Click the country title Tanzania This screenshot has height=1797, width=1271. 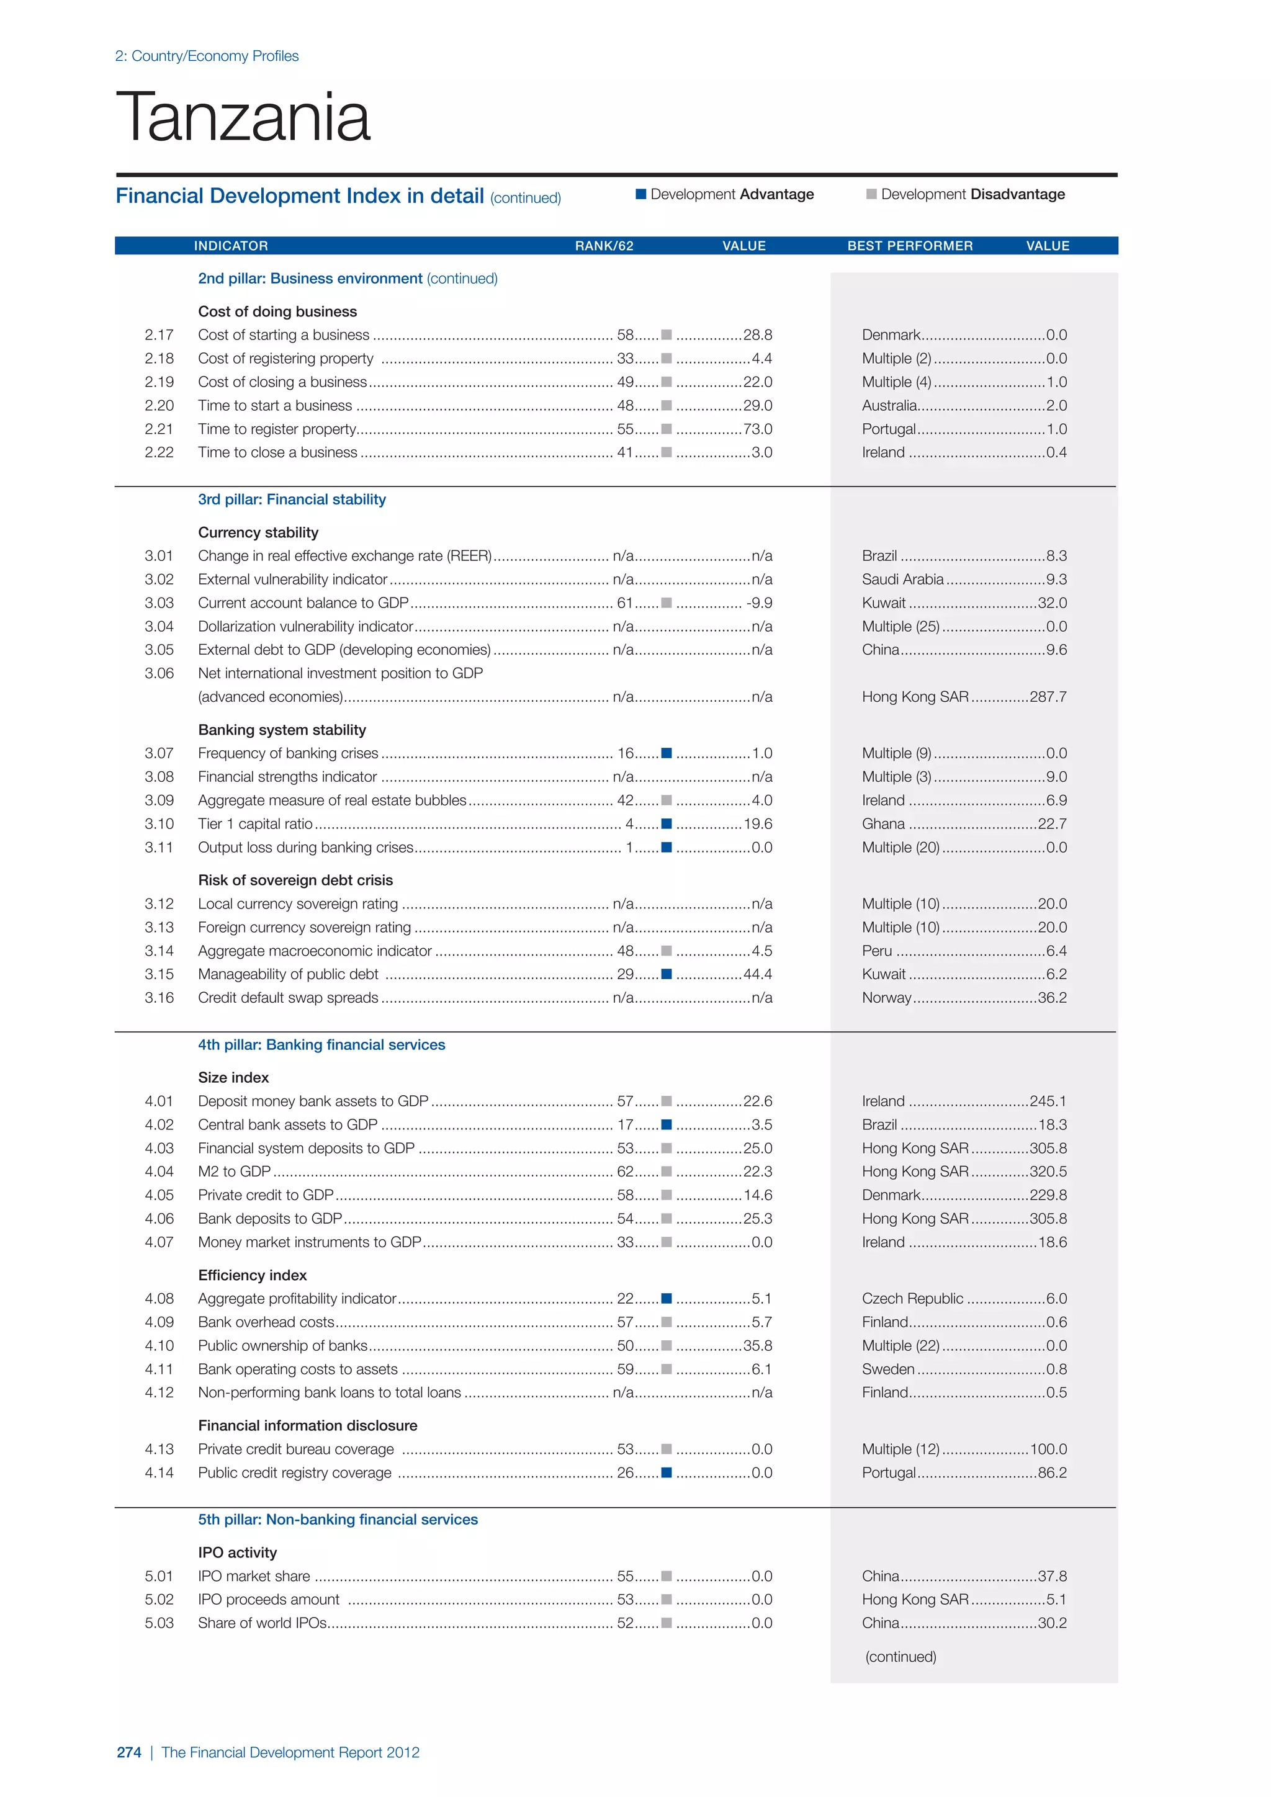pos(243,117)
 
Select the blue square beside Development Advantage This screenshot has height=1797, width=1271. pos(641,194)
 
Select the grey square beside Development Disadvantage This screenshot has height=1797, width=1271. pos(871,194)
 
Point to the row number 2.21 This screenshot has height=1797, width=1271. pos(159,429)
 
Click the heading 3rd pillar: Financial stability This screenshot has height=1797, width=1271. pos(291,500)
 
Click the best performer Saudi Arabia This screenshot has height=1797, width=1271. pos(902,579)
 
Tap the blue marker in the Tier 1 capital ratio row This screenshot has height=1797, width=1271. pos(666,823)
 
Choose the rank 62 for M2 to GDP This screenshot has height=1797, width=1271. pos(624,1172)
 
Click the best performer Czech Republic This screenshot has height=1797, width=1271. pos(912,1299)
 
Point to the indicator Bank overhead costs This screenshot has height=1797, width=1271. pos(266,1322)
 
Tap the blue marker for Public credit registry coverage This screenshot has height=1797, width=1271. pos(666,1472)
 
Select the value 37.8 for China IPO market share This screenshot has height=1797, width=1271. pos(1052,1575)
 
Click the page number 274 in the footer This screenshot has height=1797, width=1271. pos(128,1752)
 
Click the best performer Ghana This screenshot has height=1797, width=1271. pos(883,823)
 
